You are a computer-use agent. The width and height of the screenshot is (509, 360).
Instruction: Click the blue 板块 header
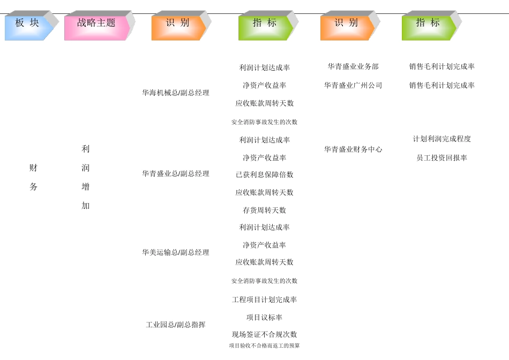tap(28, 24)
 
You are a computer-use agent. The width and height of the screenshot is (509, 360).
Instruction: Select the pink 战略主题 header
tap(96, 24)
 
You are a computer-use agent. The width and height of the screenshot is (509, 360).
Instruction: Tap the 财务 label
tap(33, 177)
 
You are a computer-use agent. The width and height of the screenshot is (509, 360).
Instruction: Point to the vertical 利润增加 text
tap(86, 177)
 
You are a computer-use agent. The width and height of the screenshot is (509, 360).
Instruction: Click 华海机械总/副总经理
tap(176, 93)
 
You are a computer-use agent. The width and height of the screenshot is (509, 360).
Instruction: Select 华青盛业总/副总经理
tap(176, 174)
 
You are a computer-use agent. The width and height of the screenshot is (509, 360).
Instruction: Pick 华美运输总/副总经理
tap(176, 252)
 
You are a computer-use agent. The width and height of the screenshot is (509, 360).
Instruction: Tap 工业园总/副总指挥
tap(176, 325)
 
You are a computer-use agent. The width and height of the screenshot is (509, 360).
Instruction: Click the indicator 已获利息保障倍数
tap(265, 175)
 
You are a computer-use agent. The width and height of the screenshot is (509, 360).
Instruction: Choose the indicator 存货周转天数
tap(265, 210)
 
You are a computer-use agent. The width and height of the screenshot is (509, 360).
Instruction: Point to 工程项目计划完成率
tap(265, 299)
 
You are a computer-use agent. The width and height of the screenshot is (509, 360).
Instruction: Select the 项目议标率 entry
tap(265, 317)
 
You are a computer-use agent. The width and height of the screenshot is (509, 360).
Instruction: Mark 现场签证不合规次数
tap(265, 334)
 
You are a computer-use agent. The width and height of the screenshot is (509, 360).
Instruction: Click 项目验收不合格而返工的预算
tap(265, 346)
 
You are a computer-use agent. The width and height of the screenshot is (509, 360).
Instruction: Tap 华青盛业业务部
tap(353, 66)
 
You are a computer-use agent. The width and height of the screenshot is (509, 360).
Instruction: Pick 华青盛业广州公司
tap(353, 85)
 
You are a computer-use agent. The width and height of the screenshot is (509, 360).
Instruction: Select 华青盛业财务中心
tap(353, 149)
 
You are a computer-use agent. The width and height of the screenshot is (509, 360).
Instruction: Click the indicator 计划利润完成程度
tap(442, 139)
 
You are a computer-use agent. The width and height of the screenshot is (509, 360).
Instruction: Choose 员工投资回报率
tap(442, 158)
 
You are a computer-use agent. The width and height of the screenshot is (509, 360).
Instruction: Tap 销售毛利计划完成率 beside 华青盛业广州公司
tap(442, 85)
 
